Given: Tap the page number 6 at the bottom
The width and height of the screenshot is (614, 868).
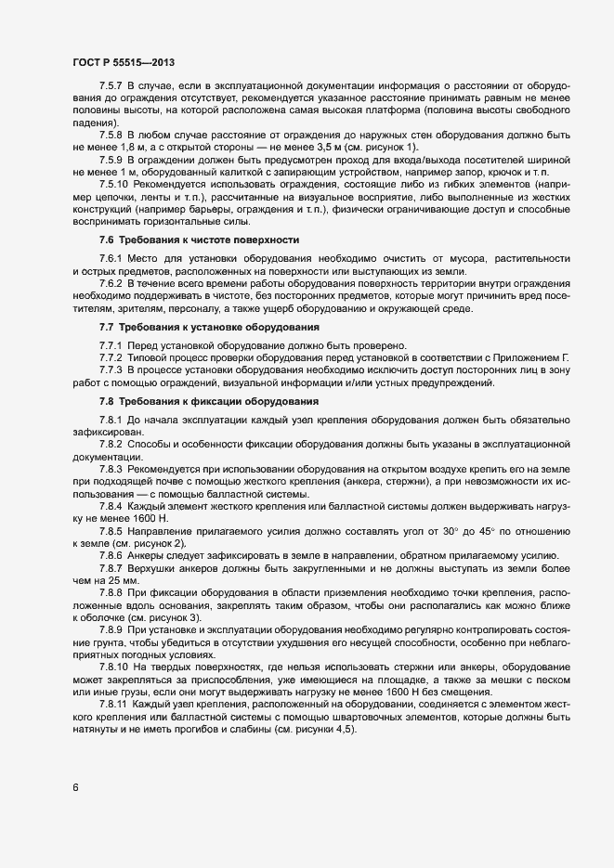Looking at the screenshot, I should pyautogui.click(x=75, y=789).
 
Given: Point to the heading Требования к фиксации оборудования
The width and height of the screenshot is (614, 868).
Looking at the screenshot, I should pyautogui.click(x=219, y=401).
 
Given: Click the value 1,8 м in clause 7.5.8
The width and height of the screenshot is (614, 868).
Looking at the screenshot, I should pyautogui.click(x=124, y=148).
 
